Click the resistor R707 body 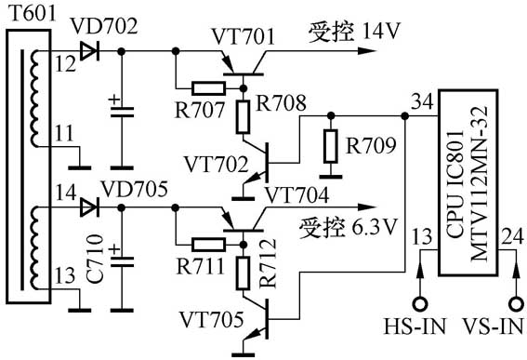pyautogui.click(x=206, y=89)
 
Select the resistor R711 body pyautogui.click(x=206, y=244)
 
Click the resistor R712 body pyautogui.click(x=244, y=272)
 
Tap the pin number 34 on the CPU pyautogui.click(x=420, y=100)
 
